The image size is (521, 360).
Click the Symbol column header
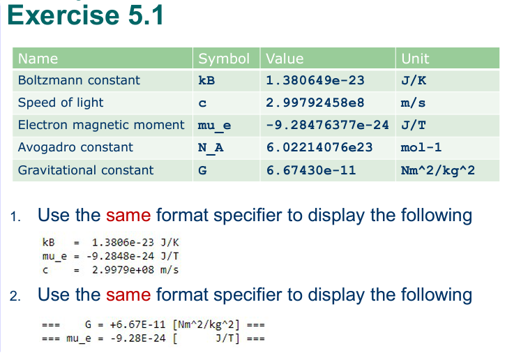[224, 59]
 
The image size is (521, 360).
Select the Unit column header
[415, 59]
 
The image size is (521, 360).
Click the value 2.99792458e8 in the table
[315, 103]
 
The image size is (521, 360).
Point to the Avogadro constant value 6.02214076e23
[319, 147]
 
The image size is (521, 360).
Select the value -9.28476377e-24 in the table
[327, 125]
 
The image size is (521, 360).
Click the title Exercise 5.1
[85, 15]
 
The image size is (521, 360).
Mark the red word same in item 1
[128, 215]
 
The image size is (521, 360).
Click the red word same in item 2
[128, 295]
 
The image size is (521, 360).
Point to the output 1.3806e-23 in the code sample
[123, 242]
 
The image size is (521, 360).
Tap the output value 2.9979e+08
[123, 269]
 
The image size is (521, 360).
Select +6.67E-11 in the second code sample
[137, 324]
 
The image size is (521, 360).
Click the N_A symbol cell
[211, 148]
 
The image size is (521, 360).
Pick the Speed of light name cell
[61, 103]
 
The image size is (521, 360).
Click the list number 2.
[15, 296]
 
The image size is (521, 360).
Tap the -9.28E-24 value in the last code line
[138, 338]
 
